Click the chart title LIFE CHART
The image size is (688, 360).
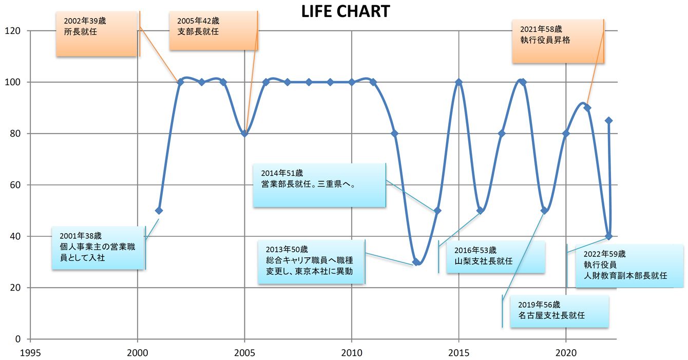coord(345,11)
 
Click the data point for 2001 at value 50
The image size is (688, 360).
coord(159,211)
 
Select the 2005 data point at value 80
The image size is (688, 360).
coord(245,134)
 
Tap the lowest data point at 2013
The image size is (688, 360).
coord(416,262)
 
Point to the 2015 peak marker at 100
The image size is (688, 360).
coord(459,82)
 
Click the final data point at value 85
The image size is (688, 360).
coord(609,121)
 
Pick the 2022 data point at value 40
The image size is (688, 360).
coord(609,236)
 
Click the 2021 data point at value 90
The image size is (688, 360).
coord(587,108)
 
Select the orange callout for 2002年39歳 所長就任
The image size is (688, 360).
coord(97,34)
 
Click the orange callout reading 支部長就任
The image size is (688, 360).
coord(213,31)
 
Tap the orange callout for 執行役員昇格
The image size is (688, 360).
coord(558,42)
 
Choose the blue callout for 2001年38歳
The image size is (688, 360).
coord(99,248)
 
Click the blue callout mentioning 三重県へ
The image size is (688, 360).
coord(319,185)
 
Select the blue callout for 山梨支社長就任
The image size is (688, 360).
coord(495,257)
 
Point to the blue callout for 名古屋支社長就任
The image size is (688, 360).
coord(560,311)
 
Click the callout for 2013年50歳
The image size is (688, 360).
coord(312,262)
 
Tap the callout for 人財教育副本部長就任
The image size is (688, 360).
coord(628,266)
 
